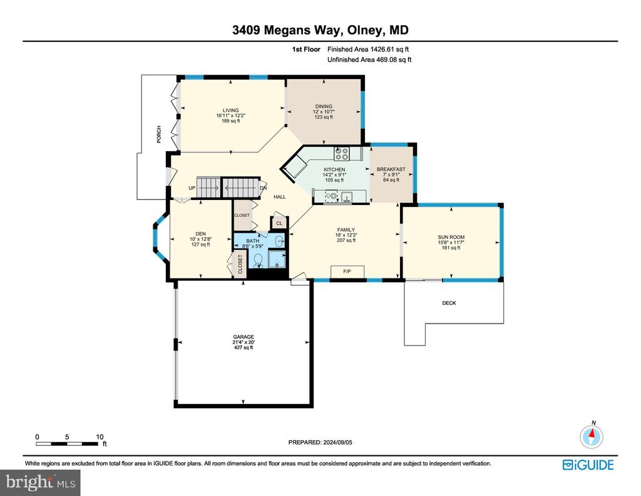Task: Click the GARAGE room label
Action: click(244, 337)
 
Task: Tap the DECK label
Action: click(449, 303)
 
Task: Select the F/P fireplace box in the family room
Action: click(347, 271)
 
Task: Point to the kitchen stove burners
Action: click(342, 154)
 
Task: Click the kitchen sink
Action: click(347, 197)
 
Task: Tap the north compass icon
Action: click(591, 436)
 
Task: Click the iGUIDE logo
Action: click(588, 465)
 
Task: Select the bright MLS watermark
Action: click(40, 482)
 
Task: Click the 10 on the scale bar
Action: click(100, 437)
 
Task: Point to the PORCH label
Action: click(159, 134)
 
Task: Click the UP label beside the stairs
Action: click(192, 188)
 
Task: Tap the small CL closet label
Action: click(279, 223)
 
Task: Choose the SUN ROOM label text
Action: click(451, 237)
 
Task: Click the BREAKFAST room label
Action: click(391, 169)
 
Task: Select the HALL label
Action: click(280, 197)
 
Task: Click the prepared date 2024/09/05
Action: click(337, 442)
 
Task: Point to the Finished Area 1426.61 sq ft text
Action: click(368, 49)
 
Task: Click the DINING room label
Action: click(324, 107)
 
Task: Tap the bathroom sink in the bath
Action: click(280, 241)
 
